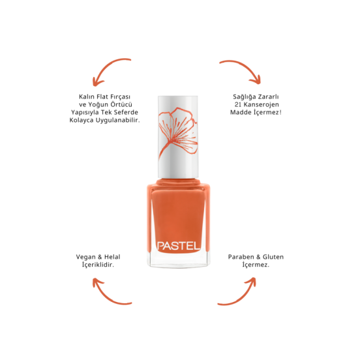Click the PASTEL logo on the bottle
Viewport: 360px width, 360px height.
[178, 246]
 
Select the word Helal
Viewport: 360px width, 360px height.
[112, 257]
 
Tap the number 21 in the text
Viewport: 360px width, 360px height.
[237, 104]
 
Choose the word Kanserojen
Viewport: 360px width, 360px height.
[261, 105]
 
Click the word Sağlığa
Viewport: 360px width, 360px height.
[244, 97]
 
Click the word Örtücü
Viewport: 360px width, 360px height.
[121, 104]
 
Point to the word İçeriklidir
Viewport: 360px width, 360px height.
[98, 265]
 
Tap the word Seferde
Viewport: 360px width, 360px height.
[127, 112]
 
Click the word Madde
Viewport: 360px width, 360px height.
[241, 112]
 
